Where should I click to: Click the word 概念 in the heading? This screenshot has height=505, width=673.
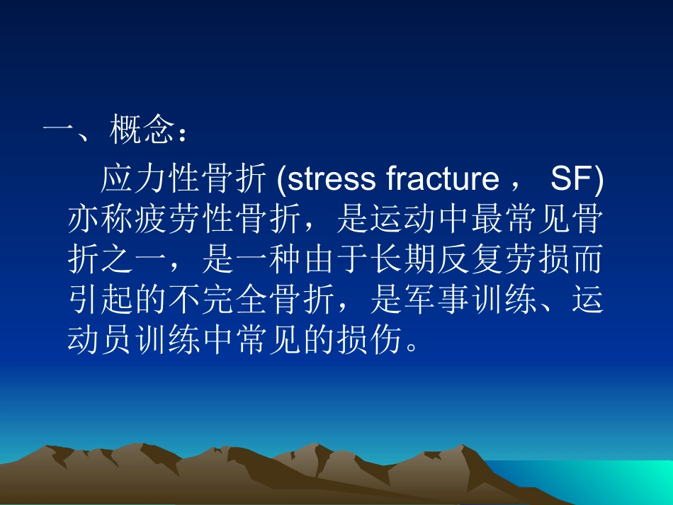[x=142, y=132]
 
